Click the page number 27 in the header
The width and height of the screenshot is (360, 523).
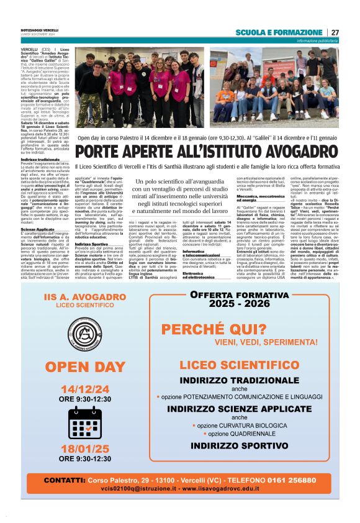point(335,32)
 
